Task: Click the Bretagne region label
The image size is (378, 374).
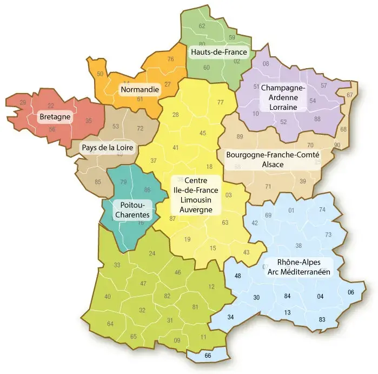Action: coord(55,116)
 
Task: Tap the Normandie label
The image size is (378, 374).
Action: coord(140,89)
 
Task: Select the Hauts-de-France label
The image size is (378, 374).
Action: coord(218,53)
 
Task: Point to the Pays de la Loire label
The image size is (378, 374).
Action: coord(107,147)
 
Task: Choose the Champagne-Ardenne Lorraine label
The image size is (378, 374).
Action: coord(283,97)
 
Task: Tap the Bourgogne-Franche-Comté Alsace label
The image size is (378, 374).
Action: coord(273,159)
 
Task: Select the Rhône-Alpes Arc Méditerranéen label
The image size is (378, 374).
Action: coord(299,267)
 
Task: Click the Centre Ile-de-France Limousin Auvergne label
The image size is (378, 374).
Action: coord(193,195)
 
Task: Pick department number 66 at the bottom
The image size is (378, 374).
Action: coord(208,356)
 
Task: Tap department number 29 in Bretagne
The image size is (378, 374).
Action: coord(23,102)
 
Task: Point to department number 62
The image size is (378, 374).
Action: coord(202,26)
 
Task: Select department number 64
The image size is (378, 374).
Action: coord(110,324)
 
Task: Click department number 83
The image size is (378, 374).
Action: coord(322,319)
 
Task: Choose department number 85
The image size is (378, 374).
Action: coord(98,181)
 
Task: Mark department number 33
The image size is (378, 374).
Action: coord(117,265)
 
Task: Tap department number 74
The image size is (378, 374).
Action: coord(322,209)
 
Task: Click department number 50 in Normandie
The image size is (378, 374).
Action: coord(100,74)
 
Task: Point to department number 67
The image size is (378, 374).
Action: coord(349,95)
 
